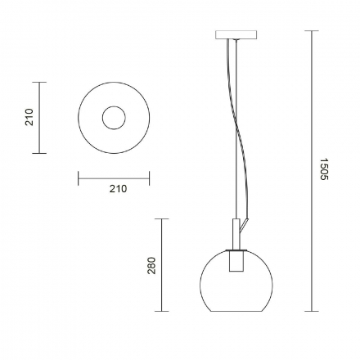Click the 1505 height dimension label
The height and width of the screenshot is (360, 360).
[x=324, y=169]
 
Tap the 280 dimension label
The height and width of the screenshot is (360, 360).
[x=151, y=266]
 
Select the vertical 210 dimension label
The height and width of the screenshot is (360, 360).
[x=29, y=117]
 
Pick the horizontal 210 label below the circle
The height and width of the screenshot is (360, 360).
[x=118, y=189]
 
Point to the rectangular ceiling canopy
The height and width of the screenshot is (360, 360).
[x=236, y=35]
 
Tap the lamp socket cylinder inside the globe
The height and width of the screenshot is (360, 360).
[x=236, y=261]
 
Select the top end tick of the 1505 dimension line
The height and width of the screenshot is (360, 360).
[x=312, y=31]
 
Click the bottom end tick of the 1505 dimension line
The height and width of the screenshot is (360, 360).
[x=312, y=311]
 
